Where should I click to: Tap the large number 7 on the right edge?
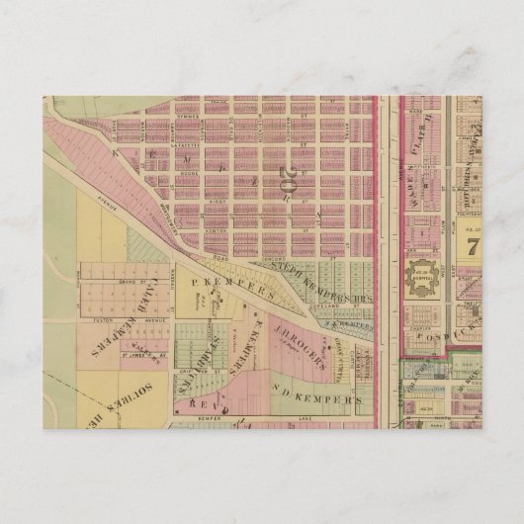click(473, 244)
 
